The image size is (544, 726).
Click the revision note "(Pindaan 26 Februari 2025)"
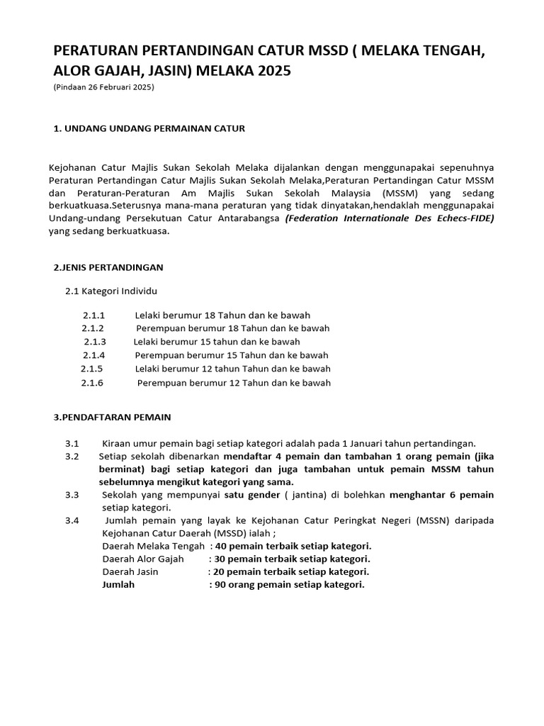pyautogui.click(x=104, y=87)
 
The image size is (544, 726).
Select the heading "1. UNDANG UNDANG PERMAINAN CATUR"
pyautogui.click(x=149, y=128)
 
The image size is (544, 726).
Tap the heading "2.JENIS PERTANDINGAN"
pyautogui.click(x=108, y=267)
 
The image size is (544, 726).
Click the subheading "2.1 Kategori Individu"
pyautogui.click(x=111, y=291)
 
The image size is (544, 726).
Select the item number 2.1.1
pyautogui.click(x=93, y=315)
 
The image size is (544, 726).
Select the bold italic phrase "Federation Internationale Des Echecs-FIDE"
pyautogui.click(x=390, y=218)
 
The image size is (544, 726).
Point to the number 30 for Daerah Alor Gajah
pyautogui.click(x=221, y=559)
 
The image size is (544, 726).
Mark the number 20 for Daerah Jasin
pyautogui.click(x=220, y=571)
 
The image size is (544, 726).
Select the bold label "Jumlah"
pyautogui.click(x=118, y=585)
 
